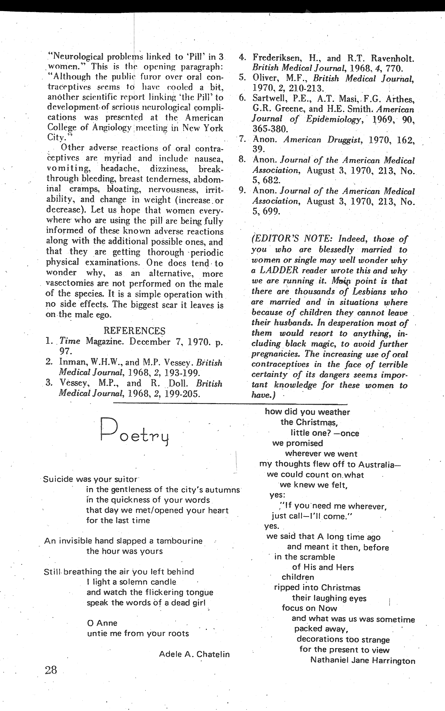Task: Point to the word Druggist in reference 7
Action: pos(344,140)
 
